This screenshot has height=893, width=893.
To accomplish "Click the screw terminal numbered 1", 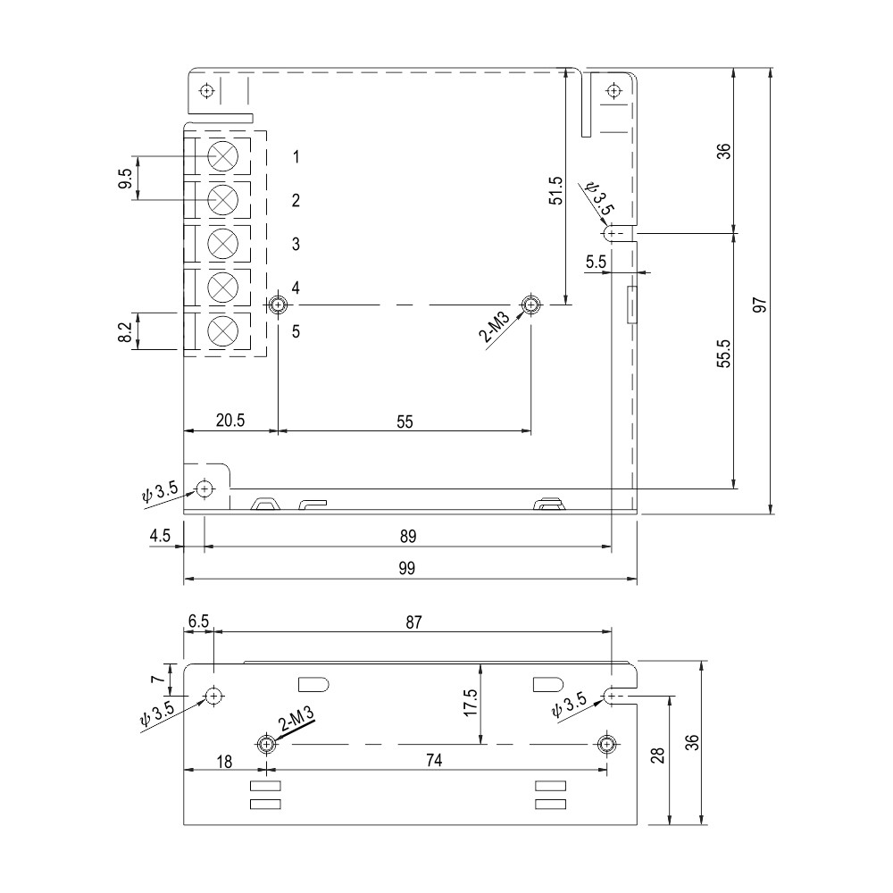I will (x=221, y=156).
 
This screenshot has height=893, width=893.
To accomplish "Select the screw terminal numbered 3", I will (x=221, y=243).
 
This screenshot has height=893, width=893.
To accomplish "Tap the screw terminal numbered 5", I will (x=221, y=330).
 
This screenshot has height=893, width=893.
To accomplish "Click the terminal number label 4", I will (x=296, y=288).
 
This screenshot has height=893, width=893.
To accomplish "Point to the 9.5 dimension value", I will (x=125, y=178).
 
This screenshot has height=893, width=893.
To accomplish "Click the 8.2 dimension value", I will (x=125, y=331).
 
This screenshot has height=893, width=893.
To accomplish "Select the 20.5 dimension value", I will (x=230, y=421).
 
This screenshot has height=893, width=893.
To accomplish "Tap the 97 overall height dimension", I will (x=760, y=305).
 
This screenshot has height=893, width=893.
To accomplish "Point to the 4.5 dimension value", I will (x=160, y=537).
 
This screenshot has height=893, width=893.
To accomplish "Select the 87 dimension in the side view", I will (x=413, y=622).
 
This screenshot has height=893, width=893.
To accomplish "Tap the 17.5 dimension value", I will (x=470, y=702).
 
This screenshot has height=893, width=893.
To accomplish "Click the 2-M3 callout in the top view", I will (x=497, y=328).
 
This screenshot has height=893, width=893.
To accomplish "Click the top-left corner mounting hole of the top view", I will (x=207, y=91).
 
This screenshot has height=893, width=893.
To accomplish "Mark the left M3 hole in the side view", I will (x=265, y=744).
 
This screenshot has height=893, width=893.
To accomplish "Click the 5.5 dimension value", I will (x=596, y=263).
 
